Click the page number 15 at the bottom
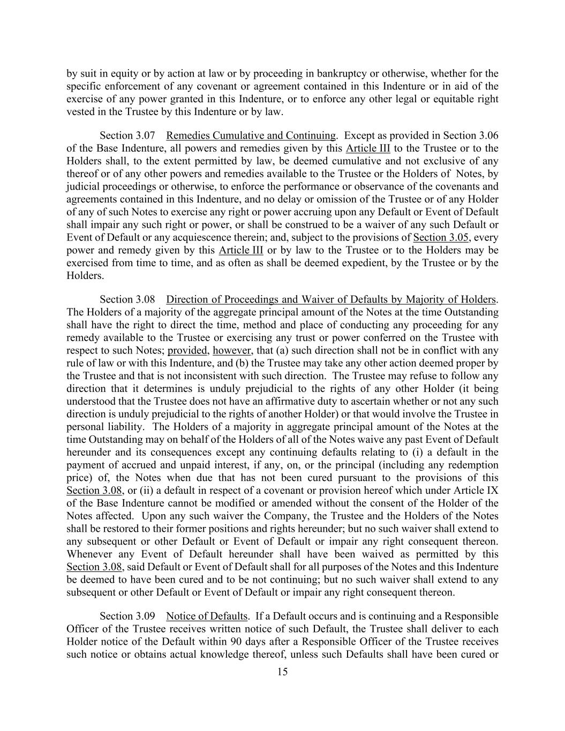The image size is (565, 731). (x=282, y=672)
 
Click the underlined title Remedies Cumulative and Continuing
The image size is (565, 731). (x=251, y=136)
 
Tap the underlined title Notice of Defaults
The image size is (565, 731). (x=207, y=616)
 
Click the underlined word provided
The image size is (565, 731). (x=187, y=351)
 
